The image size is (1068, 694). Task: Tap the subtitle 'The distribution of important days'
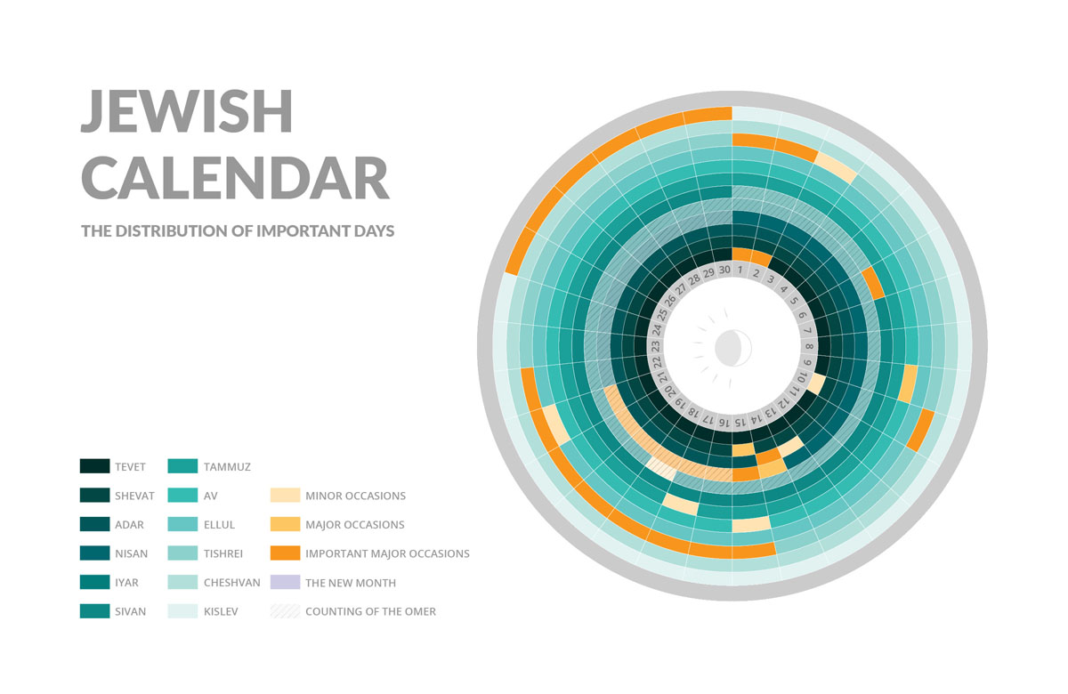[238, 230]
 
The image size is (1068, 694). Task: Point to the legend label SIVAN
[130, 611]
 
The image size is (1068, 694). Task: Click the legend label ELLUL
[219, 525]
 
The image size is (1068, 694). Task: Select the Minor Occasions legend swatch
[284, 496]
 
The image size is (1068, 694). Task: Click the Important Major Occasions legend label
[387, 553]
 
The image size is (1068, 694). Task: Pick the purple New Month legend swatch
[284, 583]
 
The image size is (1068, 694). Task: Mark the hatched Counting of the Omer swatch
[284, 611]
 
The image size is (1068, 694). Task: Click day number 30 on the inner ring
[724, 270]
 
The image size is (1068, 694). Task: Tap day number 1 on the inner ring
[740, 270]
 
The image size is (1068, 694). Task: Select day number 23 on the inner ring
[655, 346]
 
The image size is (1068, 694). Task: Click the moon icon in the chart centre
[733, 346]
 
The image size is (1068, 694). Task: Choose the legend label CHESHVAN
[231, 583]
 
